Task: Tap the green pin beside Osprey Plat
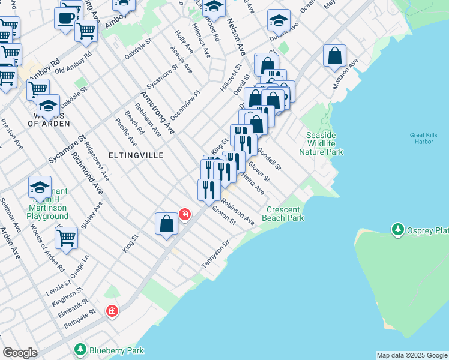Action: pos(397,230)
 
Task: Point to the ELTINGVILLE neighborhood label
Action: pos(136,155)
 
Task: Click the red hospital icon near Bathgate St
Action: pos(112,311)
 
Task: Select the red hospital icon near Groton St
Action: pos(185,214)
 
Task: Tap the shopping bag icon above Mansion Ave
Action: pos(334,56)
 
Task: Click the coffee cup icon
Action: pos(65,17)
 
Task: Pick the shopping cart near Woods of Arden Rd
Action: pos(66,237)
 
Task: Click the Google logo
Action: pos(20,353)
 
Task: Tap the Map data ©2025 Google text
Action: pos(411,355)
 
